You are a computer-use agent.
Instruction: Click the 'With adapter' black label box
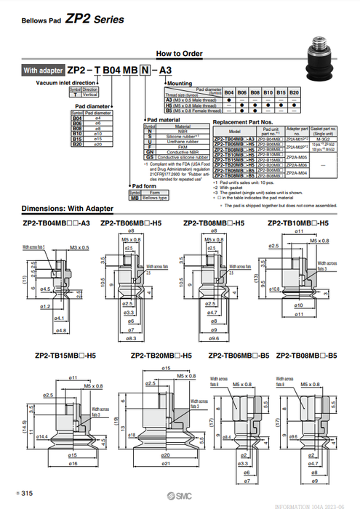43,71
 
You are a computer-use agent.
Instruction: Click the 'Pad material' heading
164,119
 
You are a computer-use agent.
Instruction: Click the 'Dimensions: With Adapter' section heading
68,208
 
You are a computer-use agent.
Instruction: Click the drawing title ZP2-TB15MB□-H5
62,356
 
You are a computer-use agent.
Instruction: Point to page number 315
27,494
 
